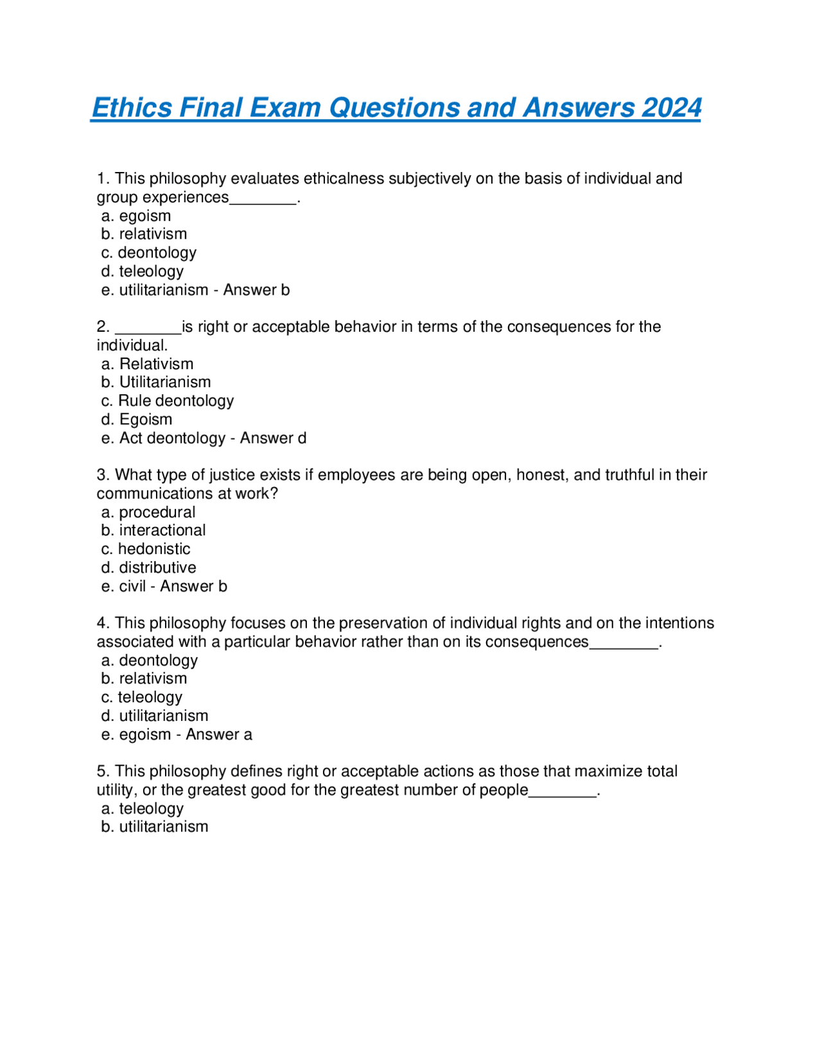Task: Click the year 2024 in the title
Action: tap(671, 108)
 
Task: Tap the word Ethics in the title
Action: tap(132, 108)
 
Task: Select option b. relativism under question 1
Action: tap(144, 234)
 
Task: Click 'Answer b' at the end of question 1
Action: tap(256, 290)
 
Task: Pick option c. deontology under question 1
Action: tap(148, 253)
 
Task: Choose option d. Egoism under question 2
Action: tap(137, 420)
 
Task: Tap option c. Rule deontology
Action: tap(168, 401)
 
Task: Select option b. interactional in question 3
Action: tap(153, 531)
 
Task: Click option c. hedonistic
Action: tap(146, 549)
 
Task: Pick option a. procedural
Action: tap(148, 512)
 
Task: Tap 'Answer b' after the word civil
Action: tap(193, 587)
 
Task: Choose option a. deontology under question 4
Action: tap(150, 661)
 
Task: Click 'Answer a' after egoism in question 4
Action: tap(219, 735)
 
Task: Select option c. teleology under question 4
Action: tap(142, 698)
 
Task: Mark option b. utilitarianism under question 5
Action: tap(155, 827)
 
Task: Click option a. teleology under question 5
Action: tap(143, 809)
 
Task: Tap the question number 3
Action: tap(102, 475)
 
